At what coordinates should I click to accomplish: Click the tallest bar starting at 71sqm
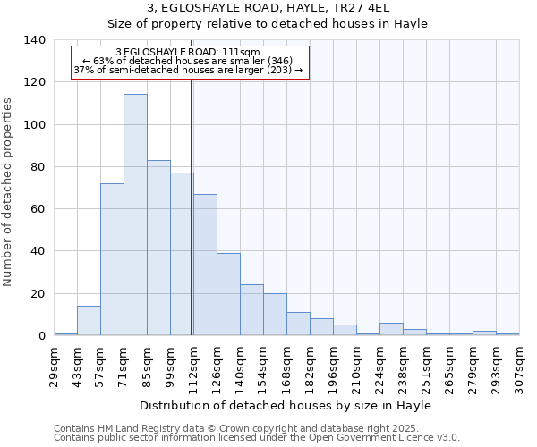(135, 215)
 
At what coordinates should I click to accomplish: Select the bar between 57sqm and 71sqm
(112, 259)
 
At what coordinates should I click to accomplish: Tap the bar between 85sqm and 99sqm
(158, 248)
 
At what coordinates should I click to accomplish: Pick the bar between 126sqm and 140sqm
(228, 294)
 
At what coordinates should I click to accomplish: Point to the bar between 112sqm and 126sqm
(205, 265)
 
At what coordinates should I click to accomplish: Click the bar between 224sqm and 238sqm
(391, 329)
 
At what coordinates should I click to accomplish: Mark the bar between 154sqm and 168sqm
(275, 315)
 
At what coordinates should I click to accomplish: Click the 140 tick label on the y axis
(34, 40)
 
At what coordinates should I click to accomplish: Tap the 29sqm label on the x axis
(54, 367)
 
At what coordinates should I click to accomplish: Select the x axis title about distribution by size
(286, 406)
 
